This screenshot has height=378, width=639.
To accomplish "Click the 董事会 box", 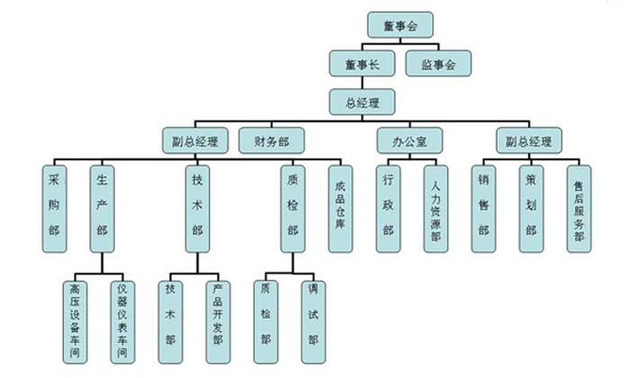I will pos(401,24).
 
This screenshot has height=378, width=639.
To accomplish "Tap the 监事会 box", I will pos(439,64).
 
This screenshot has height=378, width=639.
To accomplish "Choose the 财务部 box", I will pos(272,140).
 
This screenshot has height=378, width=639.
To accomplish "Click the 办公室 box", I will pos(409,140).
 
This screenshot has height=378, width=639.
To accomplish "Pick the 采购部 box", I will pos(56,206).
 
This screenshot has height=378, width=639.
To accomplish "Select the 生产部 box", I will pos(103,206).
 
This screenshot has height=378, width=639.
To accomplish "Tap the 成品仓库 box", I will pos(340,206).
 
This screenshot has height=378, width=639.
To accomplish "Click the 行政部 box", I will pos(389,206).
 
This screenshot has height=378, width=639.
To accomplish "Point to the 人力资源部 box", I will pos(436,206).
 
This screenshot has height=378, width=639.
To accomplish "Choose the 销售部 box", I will pos(483,206).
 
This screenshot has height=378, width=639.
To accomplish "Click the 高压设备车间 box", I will pos(75,319).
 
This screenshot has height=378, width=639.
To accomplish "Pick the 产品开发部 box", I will pos(216,319).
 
